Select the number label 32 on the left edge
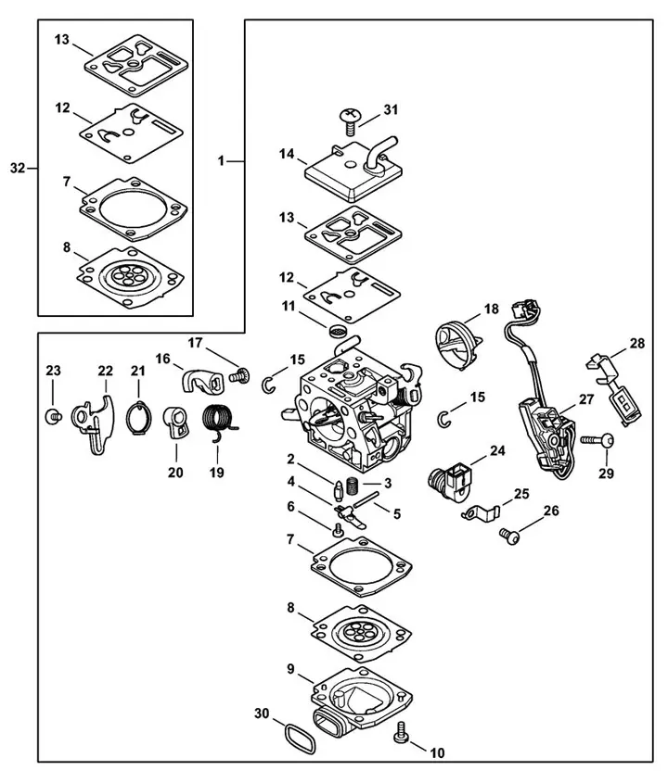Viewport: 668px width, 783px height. point(17,168)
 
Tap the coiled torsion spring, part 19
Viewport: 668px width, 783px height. point(219,422)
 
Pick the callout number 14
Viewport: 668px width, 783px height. point(288,159)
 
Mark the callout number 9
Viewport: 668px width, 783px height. point(290,668)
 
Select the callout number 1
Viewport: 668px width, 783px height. point(222,161)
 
